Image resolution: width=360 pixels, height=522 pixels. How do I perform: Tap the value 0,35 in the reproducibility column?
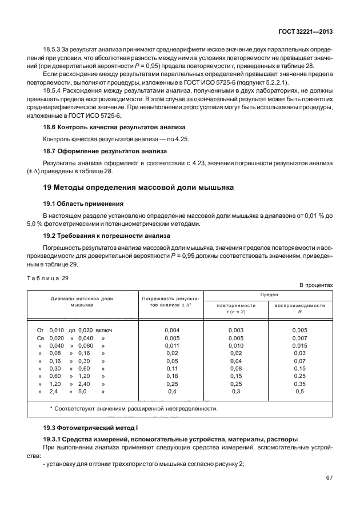(299, 384)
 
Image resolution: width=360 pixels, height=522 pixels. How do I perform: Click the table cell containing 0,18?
(172, 376)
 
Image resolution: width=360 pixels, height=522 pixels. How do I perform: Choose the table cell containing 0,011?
(172, 346)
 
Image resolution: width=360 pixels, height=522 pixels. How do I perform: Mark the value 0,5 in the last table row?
(299, 392)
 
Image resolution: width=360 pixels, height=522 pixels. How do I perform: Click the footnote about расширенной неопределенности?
(134, 409)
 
